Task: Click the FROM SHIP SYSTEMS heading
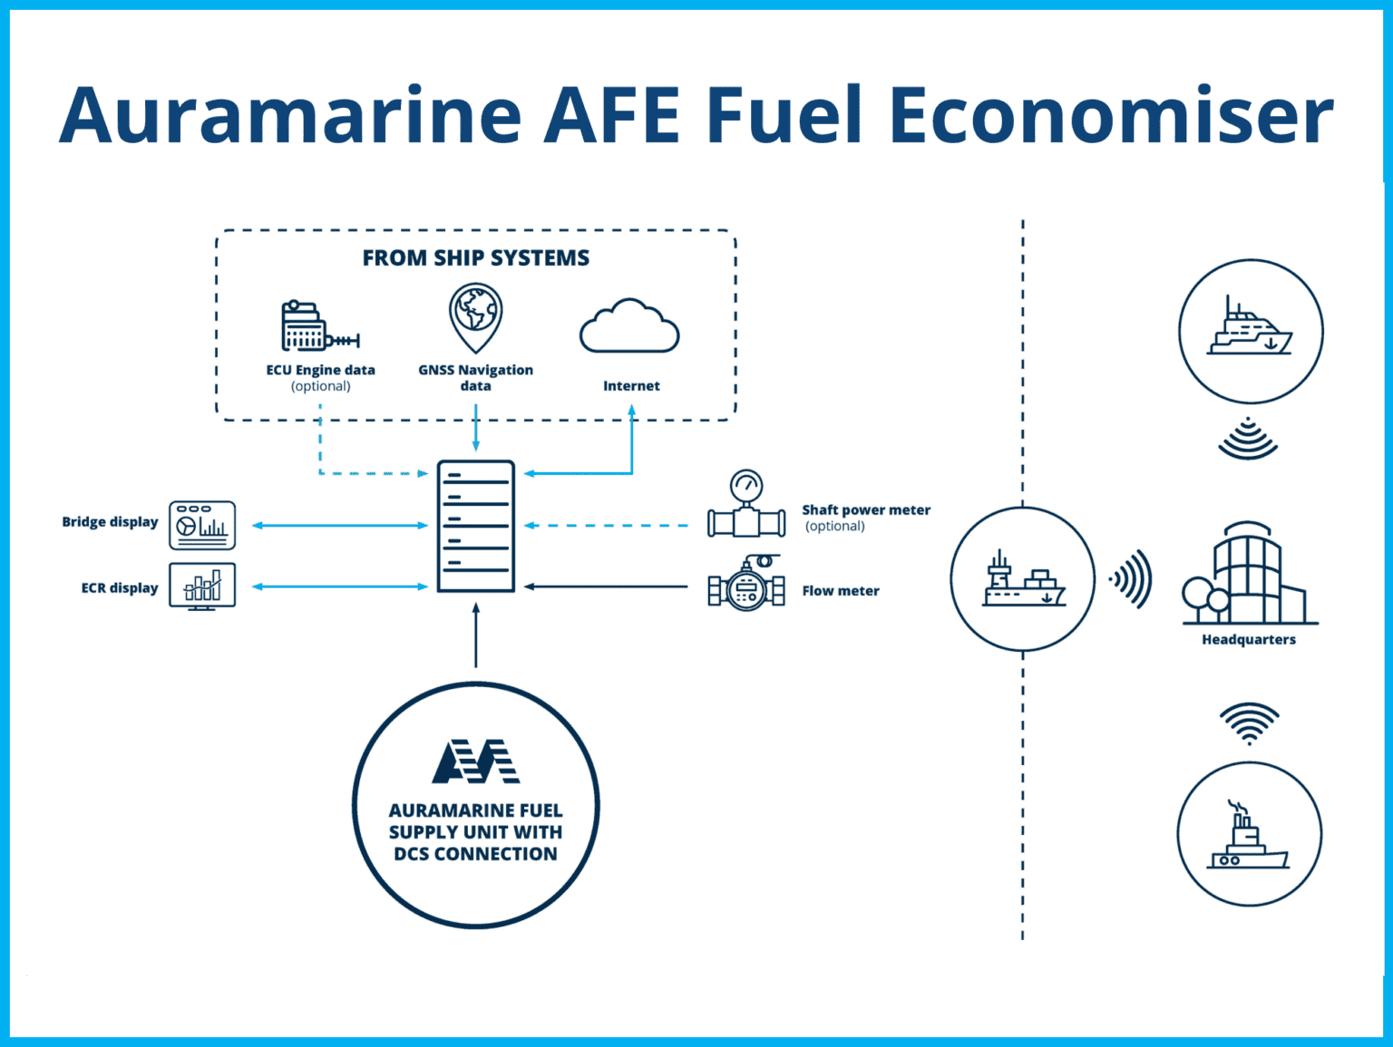pos(475,258)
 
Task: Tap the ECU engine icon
pos(318,327)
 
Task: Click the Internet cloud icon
pos(629,327)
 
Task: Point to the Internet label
pos(631,386)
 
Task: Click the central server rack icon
pos(475,527)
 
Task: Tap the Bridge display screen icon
pos(202,526)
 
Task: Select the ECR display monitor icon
pos(202,587)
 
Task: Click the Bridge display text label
pos(110,522)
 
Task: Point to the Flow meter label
pos(840,591)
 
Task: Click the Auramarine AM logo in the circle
pos(475,761)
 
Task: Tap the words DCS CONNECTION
pos(475,854)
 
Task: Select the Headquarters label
pos(1248,640)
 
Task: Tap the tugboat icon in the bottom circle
pos(1248,839)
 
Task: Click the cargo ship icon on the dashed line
pos(1023,581)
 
